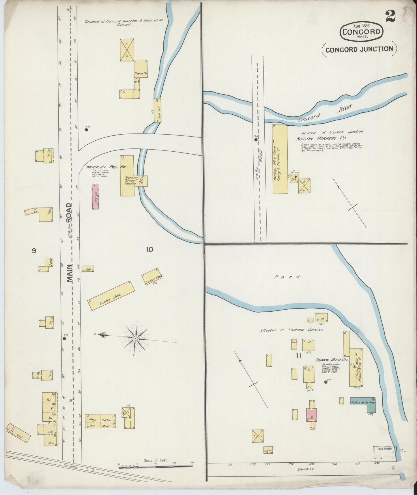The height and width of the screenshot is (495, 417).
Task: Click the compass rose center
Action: (135, 338)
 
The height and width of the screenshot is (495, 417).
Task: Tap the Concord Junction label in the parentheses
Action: (359, 49)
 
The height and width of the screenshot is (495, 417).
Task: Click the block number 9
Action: (34, 250)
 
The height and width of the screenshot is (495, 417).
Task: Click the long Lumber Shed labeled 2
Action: (111, 296)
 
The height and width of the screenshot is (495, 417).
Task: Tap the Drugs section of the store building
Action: (92, 419)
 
